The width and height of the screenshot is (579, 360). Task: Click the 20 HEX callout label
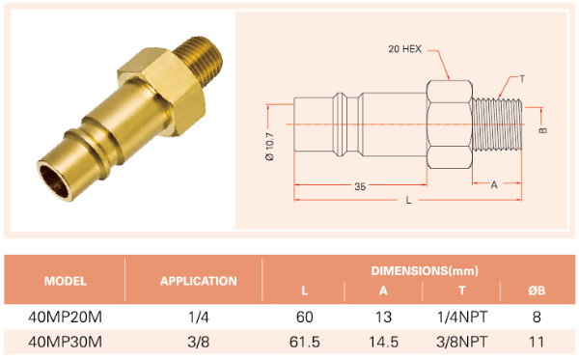[404, 48]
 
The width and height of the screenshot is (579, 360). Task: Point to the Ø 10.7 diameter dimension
[270, 146]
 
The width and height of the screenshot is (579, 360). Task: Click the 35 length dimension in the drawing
[360, 186]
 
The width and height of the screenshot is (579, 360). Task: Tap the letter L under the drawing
[408, 201]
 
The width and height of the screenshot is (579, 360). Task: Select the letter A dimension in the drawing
[494, 185]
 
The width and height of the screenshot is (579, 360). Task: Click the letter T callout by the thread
[522, 78]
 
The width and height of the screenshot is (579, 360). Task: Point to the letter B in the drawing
[542, 130]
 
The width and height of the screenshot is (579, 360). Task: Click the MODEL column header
[66, 282]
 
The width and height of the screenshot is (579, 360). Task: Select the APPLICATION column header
[198, 282]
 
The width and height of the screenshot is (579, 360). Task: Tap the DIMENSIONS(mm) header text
[425, 270]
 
